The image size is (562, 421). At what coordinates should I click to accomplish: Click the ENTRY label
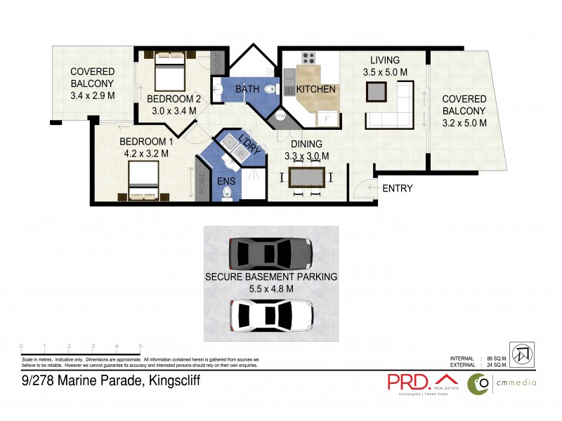(x=397, y=188)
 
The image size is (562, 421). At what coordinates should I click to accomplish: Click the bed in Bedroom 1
(x=147, y=180)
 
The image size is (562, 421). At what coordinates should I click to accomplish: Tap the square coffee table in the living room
(x=376, y=91)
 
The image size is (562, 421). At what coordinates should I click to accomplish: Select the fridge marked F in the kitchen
(x=326, y=118)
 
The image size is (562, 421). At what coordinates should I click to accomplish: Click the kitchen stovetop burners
(x=308, y=59)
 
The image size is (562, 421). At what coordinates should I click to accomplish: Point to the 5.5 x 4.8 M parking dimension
(x=270, y=288)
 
